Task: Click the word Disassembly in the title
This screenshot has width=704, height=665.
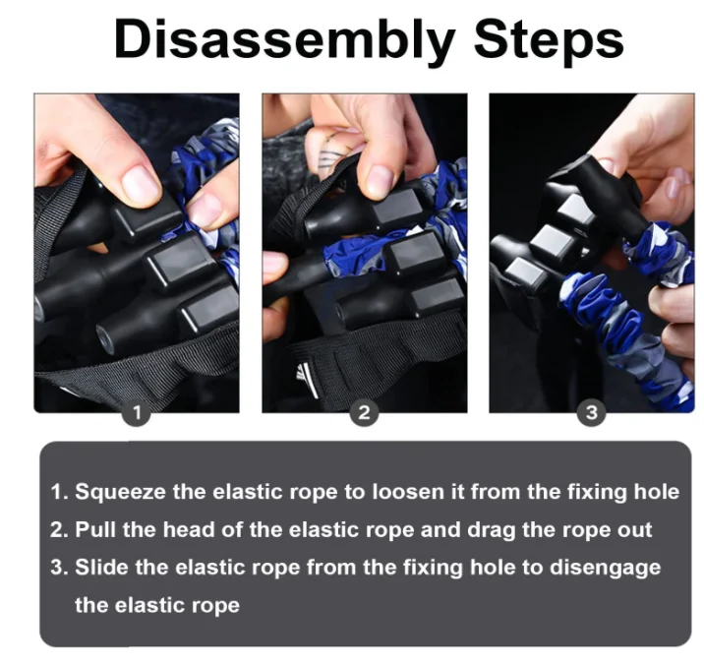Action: pyautogui.click(x=286, y=40)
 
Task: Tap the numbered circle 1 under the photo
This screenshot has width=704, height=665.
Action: pyautogui.click(x=138, y=413)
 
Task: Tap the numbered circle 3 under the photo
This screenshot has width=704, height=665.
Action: pyautogui.click(x=591, y=413)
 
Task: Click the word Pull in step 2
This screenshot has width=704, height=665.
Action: pyautogui.click(x=95, y=529)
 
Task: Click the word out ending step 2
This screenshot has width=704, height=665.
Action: pyautogui.click(x=635, y=529)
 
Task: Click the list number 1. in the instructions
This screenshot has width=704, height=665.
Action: pyautogui.click(x=60, y=492)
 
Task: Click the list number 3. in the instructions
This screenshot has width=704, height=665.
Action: pyautogui.click(x=60, y=568)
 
